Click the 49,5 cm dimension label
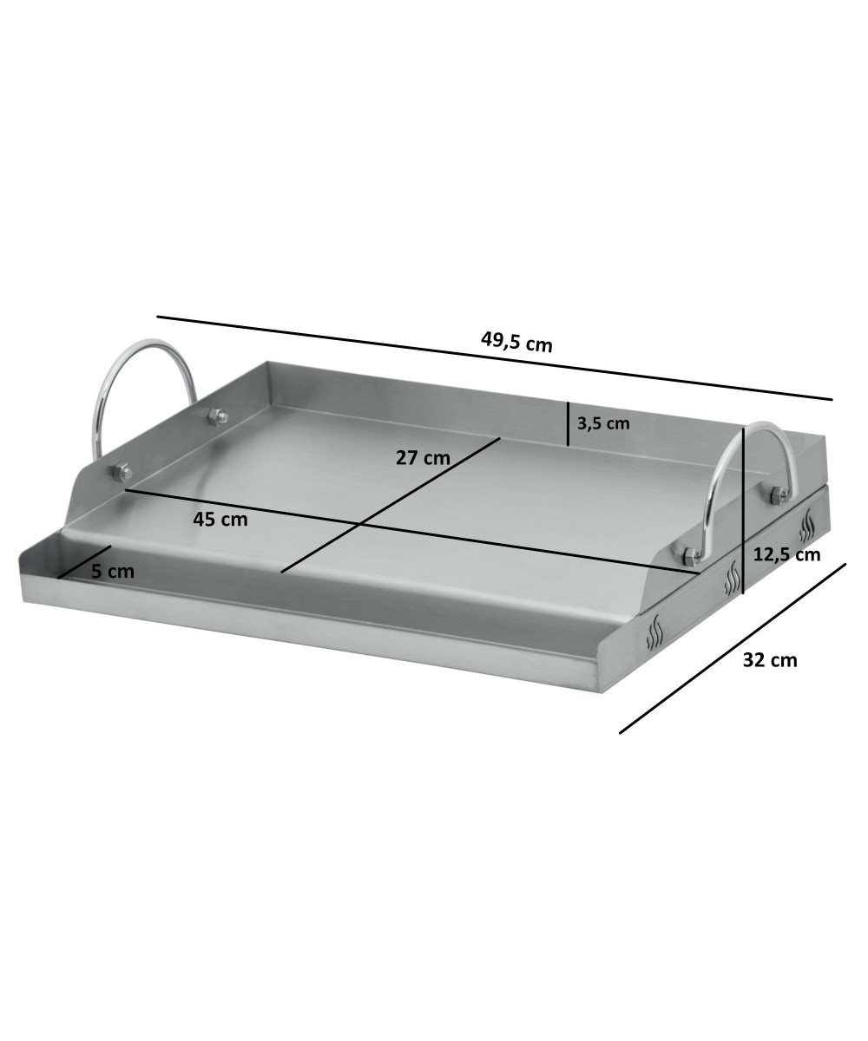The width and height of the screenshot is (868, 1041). [516, 343]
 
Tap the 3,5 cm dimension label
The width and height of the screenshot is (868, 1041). [603, 423]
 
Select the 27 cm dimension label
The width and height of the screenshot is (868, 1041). [423, 457]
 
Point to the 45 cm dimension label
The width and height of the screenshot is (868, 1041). [220, 519]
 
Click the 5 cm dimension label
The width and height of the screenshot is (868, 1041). [113, 572]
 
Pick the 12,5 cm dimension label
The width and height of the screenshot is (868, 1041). [786, 554]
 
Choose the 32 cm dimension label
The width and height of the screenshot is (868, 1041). [770, 660]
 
